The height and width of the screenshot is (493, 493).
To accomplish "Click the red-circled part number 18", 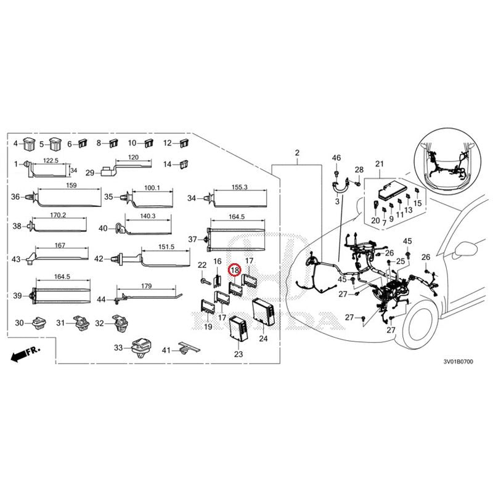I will click(x=234, y=269).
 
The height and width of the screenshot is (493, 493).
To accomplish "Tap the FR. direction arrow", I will click(x=25, y=354).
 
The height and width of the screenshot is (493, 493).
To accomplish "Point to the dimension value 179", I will click(x=146, y=286).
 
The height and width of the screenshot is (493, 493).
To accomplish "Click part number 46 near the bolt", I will click(x=336, y=158).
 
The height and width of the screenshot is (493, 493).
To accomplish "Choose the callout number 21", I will click(x=380, y=163).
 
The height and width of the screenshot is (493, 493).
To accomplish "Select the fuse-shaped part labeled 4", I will click(x=29, y=145).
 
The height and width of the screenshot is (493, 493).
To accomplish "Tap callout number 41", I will click(x=166, y=350).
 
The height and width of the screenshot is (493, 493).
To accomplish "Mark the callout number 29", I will click(x=89, y=173).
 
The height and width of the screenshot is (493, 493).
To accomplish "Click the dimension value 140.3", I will click(x=148, y=216).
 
